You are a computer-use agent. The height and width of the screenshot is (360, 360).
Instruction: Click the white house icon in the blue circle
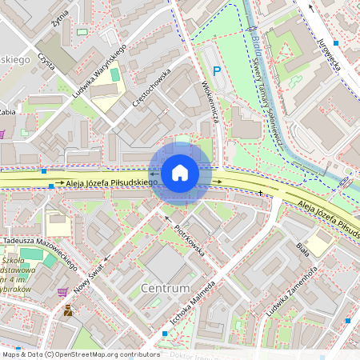180,173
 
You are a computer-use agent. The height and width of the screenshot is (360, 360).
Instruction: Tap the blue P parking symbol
216,72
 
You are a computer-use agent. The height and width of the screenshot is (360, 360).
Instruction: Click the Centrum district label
165,287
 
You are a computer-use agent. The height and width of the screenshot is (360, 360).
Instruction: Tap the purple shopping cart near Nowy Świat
62,291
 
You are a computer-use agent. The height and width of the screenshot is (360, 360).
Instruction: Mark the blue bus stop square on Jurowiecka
336,42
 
